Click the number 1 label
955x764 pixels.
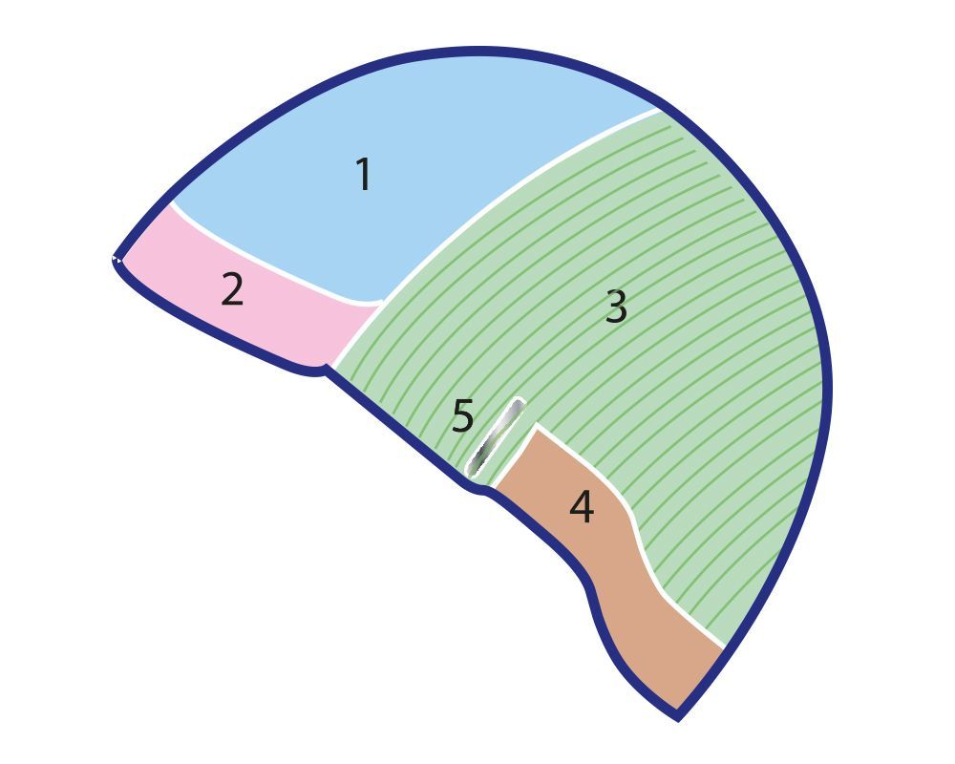[363, 175]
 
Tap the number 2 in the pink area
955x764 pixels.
[232, 289]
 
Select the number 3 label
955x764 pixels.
[617, 308]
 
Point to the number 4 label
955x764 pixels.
[582, 507]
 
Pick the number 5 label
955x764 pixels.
[463, 417]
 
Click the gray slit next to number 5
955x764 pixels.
[496, 437]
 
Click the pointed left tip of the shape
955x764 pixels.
[116, 259]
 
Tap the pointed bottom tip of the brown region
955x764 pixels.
[677, 714]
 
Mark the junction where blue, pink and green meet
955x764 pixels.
[380, 303]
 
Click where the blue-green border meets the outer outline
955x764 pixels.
[660, 107]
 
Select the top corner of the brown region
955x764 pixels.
[537, 427]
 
